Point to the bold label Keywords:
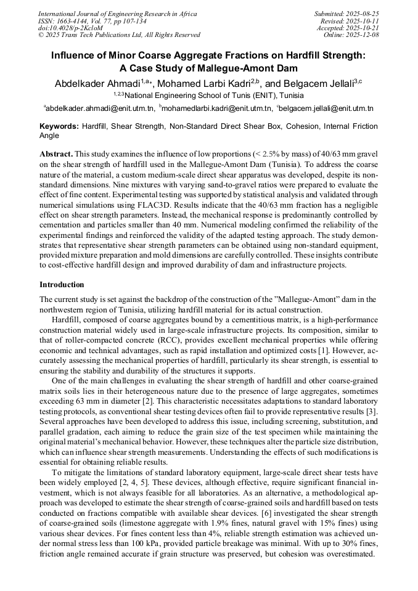pos(59,126)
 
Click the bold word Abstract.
pos(56,153)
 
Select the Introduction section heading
pos(62,285)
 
